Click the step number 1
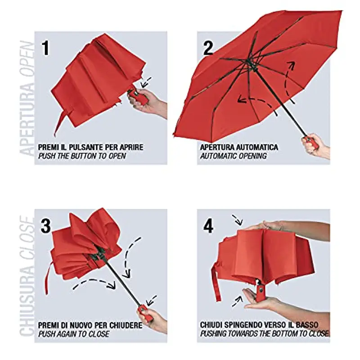[x=45, y=48]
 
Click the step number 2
[x=208, y=48]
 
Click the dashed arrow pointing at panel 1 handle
[x=145, y=83]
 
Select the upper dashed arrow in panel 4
[x=237, y=219]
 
